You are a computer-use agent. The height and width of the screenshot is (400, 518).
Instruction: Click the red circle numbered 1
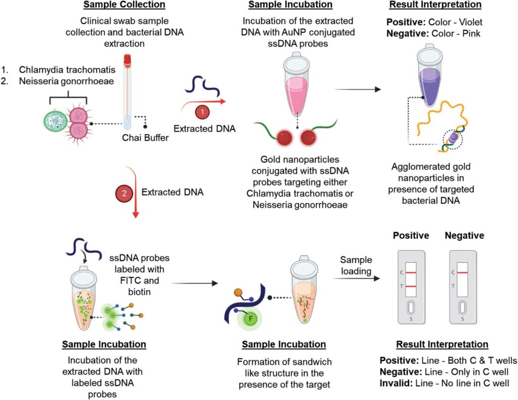pyautogui.click(x=202, y=111)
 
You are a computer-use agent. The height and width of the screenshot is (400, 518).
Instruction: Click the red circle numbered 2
pyautogui.click(x=124, y=193)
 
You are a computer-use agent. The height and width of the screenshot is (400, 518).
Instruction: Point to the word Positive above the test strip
pyautogui.click(x=411, y=236)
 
